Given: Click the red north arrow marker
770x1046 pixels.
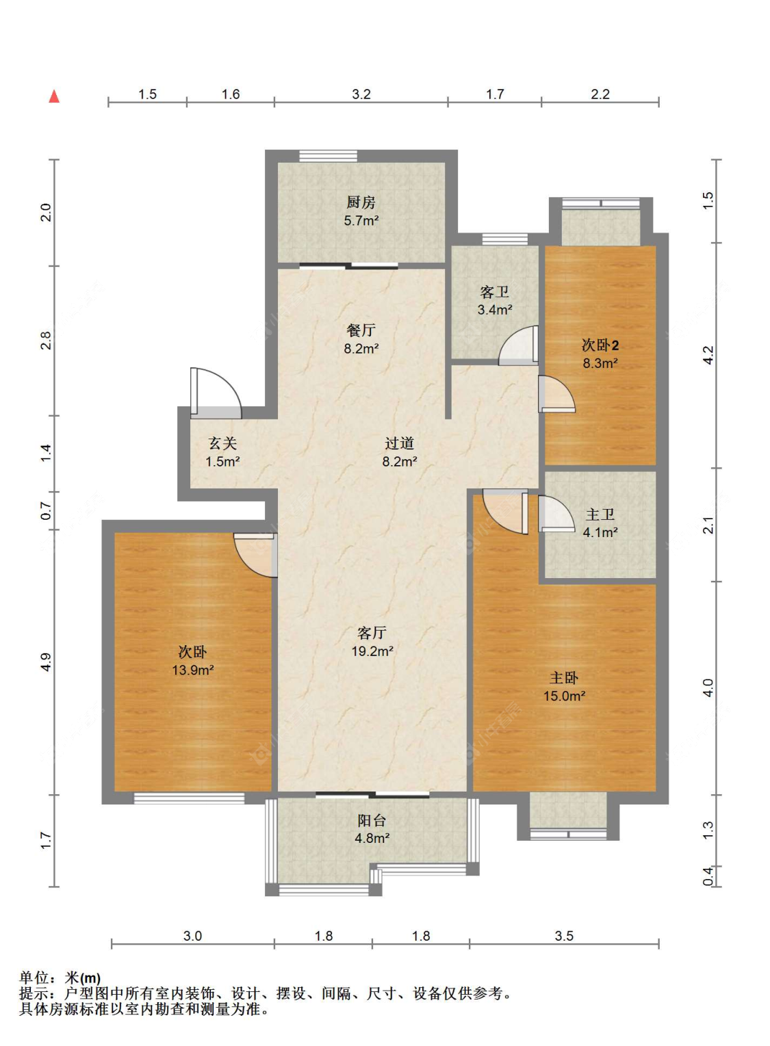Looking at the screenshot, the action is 54,96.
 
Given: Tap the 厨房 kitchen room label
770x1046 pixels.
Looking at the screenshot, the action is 361,202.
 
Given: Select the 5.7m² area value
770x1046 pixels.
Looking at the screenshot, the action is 361,220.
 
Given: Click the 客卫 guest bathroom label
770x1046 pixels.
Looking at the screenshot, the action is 495,292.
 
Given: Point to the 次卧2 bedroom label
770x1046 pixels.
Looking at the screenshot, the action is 600,345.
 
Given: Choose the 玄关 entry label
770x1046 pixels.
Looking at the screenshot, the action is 222,443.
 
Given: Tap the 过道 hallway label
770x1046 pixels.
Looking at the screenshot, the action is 400,443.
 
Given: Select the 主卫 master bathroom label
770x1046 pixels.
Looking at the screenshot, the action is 600,514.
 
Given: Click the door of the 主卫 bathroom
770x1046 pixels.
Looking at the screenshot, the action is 556,514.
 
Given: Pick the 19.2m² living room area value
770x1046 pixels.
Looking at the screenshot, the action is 372,651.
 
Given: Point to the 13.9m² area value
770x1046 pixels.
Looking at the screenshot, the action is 192,670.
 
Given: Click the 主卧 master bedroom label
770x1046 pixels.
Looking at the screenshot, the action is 564,677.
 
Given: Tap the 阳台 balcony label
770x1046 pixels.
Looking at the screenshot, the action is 372,820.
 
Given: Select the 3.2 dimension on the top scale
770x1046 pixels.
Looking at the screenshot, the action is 361,94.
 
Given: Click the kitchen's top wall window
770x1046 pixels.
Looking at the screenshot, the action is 328,156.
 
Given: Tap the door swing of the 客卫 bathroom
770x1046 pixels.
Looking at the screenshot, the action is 518,345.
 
